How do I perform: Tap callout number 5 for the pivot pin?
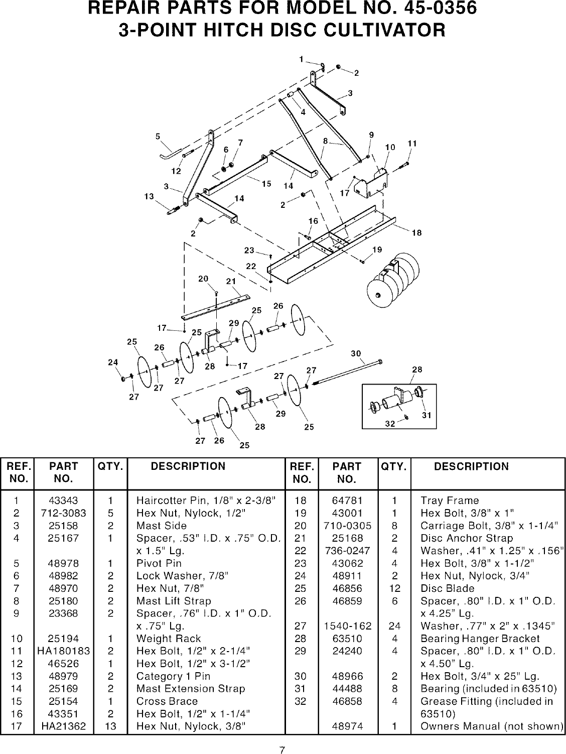158,136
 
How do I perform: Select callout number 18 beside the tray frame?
416,232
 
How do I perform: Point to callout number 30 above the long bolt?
356,353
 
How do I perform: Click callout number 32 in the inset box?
390,423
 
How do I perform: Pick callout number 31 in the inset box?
427,415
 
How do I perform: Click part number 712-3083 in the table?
64,513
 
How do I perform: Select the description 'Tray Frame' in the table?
450,500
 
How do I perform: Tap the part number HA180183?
64,651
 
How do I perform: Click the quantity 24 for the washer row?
394,626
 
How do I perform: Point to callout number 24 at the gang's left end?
113,362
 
